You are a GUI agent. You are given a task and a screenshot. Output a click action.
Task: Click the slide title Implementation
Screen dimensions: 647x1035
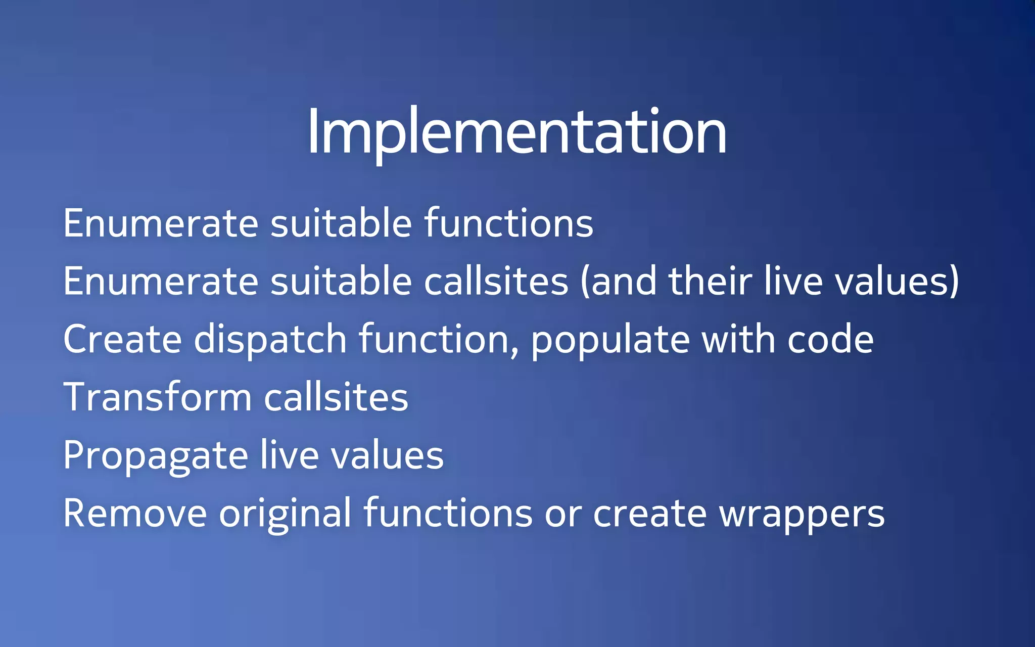516,132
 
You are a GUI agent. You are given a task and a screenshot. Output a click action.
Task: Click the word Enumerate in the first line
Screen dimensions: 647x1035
161,223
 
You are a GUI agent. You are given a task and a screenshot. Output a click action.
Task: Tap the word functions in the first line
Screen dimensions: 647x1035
508,223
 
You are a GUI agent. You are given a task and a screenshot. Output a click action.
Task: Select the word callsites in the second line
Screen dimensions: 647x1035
496,282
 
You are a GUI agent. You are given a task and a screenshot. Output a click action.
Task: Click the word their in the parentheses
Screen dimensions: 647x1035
710,282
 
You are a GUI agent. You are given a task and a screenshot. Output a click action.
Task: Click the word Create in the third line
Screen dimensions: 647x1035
122,339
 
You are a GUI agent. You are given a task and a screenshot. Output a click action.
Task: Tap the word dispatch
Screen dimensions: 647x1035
270,339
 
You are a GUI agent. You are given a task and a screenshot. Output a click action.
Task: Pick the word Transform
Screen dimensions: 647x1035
157,397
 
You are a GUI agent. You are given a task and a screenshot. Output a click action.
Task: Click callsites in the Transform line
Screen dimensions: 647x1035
336,397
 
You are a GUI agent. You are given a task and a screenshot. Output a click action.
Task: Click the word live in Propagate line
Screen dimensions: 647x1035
290,455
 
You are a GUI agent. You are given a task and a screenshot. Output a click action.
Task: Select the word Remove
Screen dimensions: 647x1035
135,514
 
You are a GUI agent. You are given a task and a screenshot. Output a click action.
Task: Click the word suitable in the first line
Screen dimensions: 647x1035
341,223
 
